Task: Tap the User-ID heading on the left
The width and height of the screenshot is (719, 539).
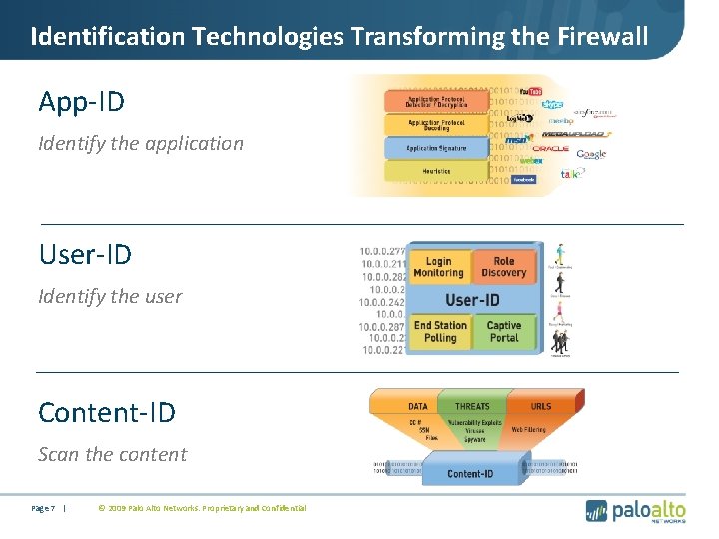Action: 85,254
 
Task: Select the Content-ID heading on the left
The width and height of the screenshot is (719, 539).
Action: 106,411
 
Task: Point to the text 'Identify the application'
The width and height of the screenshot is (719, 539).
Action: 141,143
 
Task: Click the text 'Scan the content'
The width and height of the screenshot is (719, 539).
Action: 112,454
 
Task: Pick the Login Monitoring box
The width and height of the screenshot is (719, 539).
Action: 438,267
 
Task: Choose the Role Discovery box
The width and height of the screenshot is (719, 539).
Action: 503,267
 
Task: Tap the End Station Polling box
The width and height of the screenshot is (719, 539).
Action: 440,331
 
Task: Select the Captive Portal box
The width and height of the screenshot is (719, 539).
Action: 504,331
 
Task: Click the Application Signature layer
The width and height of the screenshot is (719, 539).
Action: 436,148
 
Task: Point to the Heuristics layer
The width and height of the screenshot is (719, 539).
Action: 436,171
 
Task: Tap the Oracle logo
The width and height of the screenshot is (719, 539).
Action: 551,148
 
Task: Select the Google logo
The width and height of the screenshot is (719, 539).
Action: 591,154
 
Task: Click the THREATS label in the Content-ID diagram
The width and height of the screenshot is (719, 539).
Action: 472,406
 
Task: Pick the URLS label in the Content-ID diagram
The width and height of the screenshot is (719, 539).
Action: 540,406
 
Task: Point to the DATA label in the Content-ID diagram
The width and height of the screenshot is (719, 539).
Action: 418,406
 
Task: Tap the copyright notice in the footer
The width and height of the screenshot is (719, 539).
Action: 201,509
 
